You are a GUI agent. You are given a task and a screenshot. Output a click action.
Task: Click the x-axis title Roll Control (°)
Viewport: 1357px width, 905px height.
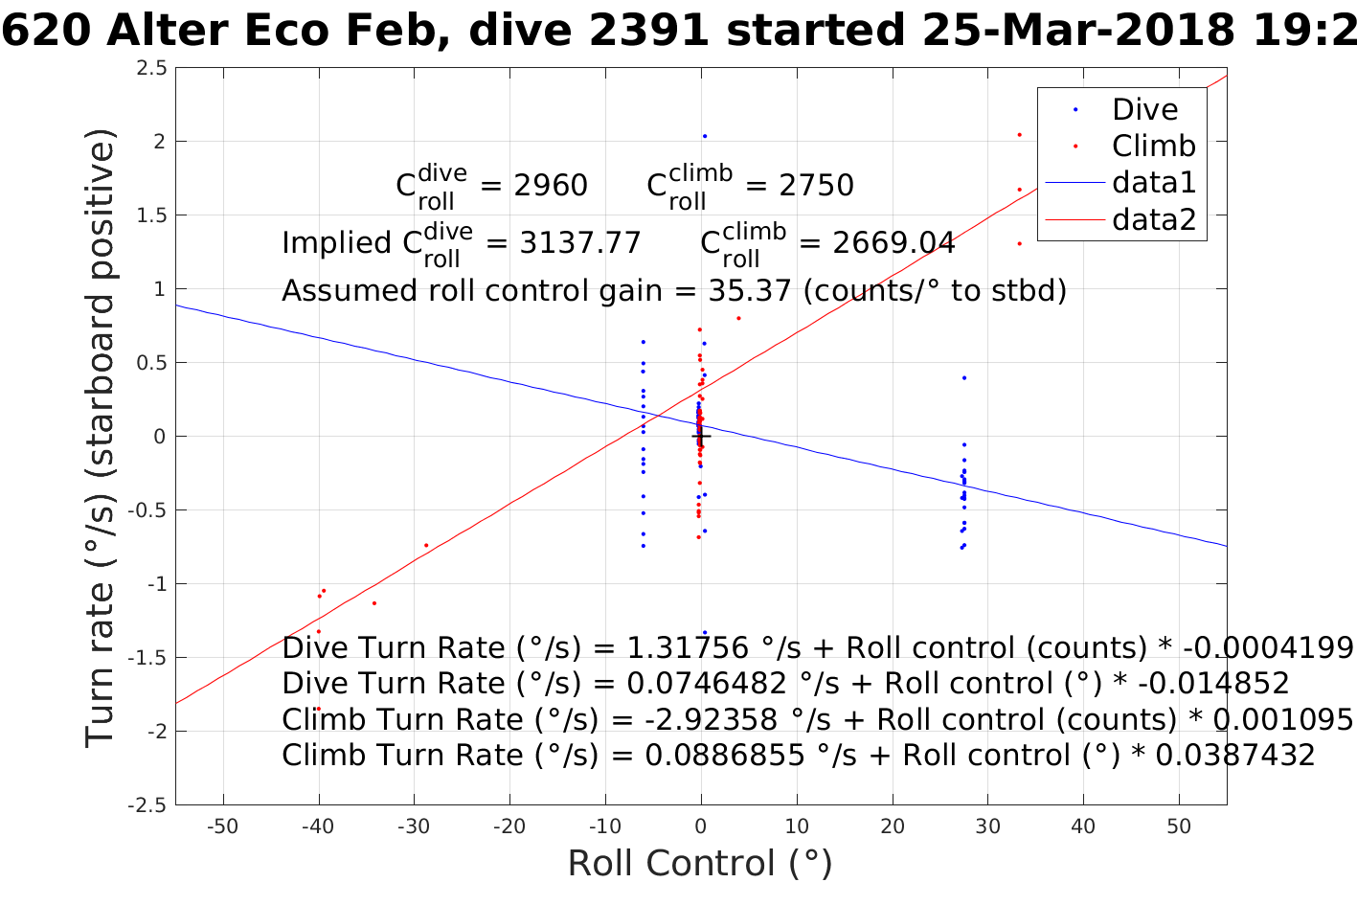pyautogui.click(x=700, y=863)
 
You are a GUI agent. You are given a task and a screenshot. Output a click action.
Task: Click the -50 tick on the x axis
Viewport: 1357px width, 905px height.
pyautogui.click(x=222, y=826)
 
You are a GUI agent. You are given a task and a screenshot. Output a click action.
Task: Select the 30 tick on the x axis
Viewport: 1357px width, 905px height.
pyautogui.click(x=987, y=826)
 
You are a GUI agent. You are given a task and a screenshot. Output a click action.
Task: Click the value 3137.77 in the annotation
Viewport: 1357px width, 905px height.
pyautogui.click(x=580, y=243)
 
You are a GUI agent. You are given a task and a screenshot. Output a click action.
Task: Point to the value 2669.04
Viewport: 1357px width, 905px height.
pyautogui.click(x=893, y=243)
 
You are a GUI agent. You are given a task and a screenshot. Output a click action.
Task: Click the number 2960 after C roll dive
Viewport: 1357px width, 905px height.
pyautogui.click(x=551, y=185)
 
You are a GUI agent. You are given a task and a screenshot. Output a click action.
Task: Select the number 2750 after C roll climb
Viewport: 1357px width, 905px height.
pyautogui.click(x=816, y=185)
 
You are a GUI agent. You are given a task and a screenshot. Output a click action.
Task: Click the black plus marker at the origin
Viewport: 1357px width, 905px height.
pyautogui.click(x=701, y=436)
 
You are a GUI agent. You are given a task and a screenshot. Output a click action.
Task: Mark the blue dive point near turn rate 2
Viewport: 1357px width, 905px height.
pyautogui.click(x=705, y=136)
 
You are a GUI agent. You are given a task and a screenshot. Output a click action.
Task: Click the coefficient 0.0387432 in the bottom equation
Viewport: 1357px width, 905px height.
pyautogui.click(x=1235, y=756)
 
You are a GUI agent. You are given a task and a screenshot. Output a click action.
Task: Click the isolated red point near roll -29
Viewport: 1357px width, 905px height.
pyautogui.click(x=426, y=545)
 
